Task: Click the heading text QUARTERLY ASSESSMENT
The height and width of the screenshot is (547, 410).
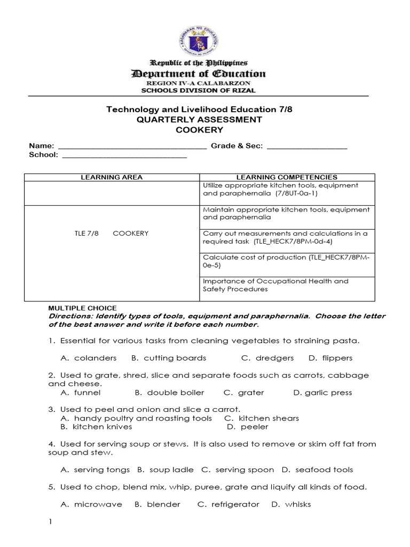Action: coord(199,120)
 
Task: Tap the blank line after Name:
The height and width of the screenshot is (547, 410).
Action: coord(131,146)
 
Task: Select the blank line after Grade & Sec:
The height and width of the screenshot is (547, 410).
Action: coord(306,146)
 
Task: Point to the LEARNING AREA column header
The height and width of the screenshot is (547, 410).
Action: coord(112,177)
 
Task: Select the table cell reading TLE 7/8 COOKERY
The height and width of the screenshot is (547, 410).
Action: coord(112,233)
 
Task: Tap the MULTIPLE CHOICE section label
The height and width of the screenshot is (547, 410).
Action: coord(82,308)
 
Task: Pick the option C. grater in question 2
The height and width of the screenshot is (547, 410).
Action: coord(244,393)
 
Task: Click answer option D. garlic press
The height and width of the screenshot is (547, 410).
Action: coord(323,393)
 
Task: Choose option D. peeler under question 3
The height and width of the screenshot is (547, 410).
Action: coord(247,427)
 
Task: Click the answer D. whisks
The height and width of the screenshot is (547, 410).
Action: coord(291,504)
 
